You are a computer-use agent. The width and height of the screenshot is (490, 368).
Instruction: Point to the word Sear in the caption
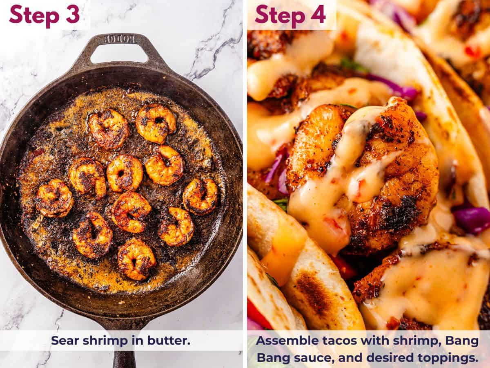[65, 340]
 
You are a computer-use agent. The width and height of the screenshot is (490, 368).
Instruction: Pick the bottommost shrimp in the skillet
[136, 259]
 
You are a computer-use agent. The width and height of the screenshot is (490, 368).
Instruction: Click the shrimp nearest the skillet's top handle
[156, 123]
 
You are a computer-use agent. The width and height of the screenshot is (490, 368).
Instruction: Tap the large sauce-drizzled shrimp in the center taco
[363, 172]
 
